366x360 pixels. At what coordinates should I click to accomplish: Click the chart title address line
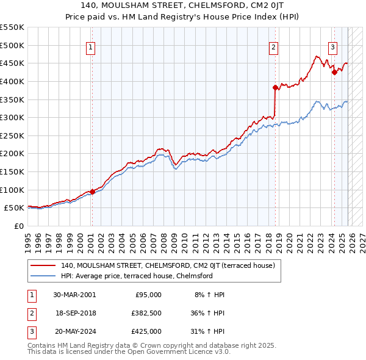tap(183, 6)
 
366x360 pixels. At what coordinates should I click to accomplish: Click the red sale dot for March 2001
tap(92, 192)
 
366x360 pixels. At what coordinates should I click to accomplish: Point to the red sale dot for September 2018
tap(276, 88)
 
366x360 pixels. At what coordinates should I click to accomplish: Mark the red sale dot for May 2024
tap(334, 73)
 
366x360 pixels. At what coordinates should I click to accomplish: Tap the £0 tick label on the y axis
tap(18, 226)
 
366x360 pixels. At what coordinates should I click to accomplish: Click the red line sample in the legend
tap(43, 265)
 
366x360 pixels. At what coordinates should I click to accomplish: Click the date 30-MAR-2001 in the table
tap(74, 295)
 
